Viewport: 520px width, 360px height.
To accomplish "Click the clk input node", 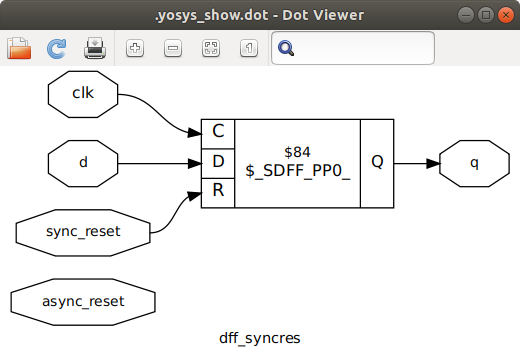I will point(83,93).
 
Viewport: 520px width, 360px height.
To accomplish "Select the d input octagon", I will point(83,163).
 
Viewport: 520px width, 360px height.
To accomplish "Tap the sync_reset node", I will point(82,232).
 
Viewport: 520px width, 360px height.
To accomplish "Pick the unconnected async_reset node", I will point(82,301).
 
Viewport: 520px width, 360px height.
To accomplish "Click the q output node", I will point(474,163).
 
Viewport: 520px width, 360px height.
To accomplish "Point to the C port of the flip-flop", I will point(218,131).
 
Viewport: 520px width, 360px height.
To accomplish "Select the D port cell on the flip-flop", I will point(218,162).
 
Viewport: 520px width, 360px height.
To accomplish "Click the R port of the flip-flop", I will point(218,192).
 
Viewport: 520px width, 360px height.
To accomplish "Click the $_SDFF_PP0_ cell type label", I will point(297,172).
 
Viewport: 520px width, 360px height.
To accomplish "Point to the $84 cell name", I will point(297,152).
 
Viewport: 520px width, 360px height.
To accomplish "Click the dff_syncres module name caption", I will point(260,338).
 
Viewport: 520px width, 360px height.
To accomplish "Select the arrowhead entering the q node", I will point(432,163).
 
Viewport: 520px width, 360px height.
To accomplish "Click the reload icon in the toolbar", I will point(57,47).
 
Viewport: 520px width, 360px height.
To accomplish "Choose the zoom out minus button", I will point(172,47).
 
